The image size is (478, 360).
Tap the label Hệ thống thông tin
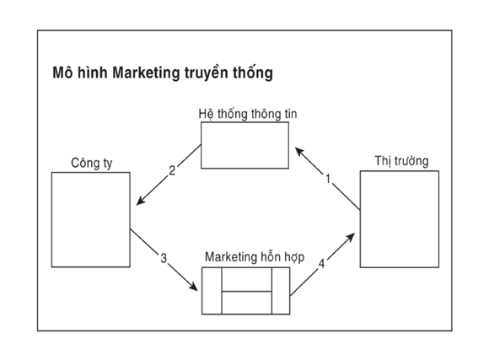[x=248, y=114]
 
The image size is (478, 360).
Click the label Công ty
[x=92, y=163]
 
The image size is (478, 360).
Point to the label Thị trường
[x=401, y=161]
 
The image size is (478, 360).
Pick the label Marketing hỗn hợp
[x=255, y=257]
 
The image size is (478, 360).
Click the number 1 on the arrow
[x=328, y=179]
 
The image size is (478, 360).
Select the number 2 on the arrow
[x=172, y=170]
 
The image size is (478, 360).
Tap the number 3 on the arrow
[x=164, y=258]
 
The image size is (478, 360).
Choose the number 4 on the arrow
[x=321, y=264]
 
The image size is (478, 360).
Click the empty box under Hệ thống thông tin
[x=244, y=145]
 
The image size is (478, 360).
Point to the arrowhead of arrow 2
[x=137, y=204]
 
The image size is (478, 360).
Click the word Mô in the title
[x=62, y=73]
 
